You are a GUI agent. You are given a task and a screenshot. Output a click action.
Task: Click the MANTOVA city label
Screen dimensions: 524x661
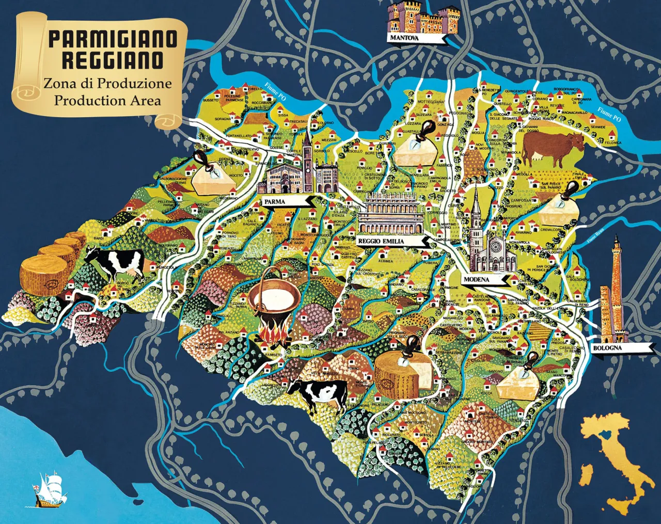point(404,38)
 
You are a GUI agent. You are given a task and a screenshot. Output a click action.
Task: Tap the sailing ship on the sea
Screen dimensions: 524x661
point(49,488)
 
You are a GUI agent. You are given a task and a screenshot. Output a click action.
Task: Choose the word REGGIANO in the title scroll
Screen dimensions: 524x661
point(113,60)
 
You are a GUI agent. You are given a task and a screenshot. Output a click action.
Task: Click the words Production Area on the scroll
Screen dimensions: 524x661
point(107,100)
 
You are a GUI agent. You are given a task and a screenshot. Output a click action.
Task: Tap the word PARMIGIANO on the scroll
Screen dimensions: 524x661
point(113,39)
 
